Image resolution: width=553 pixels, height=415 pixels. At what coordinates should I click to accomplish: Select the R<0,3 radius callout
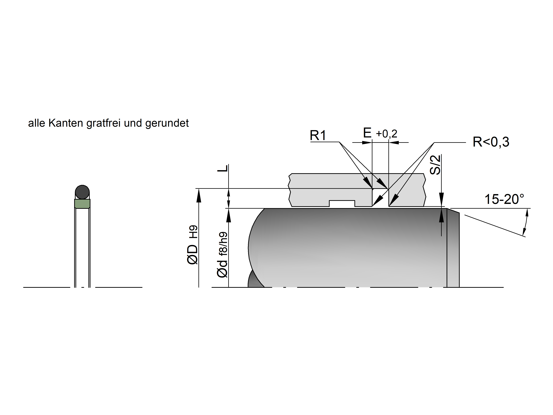click(x=491, y=142)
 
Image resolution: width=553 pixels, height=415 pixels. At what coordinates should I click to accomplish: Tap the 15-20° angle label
click(x=504, y=199)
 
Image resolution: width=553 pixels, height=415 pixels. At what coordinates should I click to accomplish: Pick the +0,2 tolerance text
click(x=387, y=134)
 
